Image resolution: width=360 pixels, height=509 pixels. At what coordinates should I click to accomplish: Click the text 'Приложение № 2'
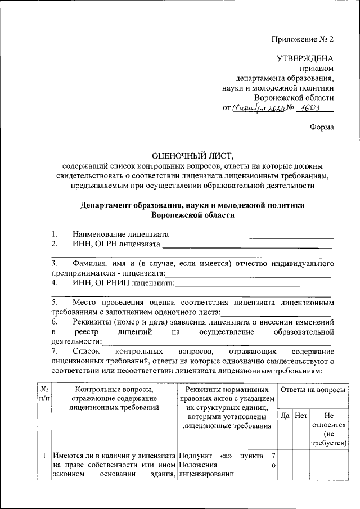coord(303,40)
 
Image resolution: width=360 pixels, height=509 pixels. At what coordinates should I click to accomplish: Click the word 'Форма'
coord(322,127)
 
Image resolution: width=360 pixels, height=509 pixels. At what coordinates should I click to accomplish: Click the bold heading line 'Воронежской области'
coord(192,215)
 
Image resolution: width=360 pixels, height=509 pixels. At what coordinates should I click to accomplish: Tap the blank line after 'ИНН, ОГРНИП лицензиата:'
coord(253,283)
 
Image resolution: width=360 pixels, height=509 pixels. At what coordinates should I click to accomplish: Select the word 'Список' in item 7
coord(86,351)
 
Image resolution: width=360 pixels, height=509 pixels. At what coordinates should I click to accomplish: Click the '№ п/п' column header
coord(43,393)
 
